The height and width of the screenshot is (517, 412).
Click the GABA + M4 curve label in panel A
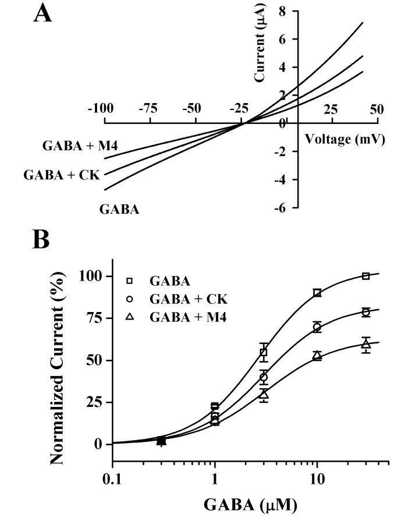(80, 146)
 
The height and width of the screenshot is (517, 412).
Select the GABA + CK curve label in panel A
(62, 175)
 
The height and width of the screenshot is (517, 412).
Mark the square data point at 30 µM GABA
(365, 276)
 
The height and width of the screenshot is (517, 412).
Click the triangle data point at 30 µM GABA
(365, 344)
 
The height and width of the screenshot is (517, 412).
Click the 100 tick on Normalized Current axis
(88, 276)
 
